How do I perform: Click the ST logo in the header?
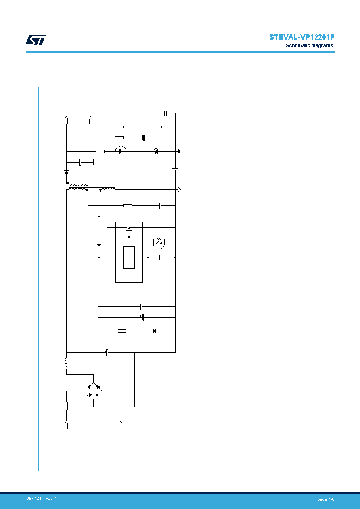pyautogui.click(x=36, y=40)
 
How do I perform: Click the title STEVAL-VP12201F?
pyautogui.click(x=301, y=37)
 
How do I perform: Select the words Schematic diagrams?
pyautogui.click(x=310, y=46)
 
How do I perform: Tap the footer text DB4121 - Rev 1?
pyautogui.click(x=41, y=499)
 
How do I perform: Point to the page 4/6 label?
pyautogui.click(x=326, y=499)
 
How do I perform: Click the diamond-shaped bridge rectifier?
pyautogui.click(x=94, y=391)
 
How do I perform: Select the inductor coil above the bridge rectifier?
pyautogui.click(x=66, y=364)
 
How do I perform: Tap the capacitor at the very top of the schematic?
pyautogui.click(x=165, y=113)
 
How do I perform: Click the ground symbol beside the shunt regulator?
pyautogui.click(x=179, y=151)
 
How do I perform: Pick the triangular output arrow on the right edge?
pyautogui.click(x=179, y=189)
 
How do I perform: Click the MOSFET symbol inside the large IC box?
pyautogui.click(x=129, y=230)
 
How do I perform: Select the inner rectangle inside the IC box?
pyautogui.click(x=129, y=258)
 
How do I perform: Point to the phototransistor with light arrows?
pyautogui.click(x=159, y=243)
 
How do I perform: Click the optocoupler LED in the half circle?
pyautogui.click(x=121, y=151)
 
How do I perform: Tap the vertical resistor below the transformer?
pyautogui.click(x=99, y=221)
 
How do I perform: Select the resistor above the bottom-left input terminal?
pyautogui.click(x=66, y=406)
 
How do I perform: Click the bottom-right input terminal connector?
pyautogui.click(x=121, y=425)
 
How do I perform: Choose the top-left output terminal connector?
pyautogui.click(x=66, y=120)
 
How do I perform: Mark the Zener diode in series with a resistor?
pyautogui.click(x=155, y=331)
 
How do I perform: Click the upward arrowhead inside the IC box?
pyautogui.click(x=129, y=237)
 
